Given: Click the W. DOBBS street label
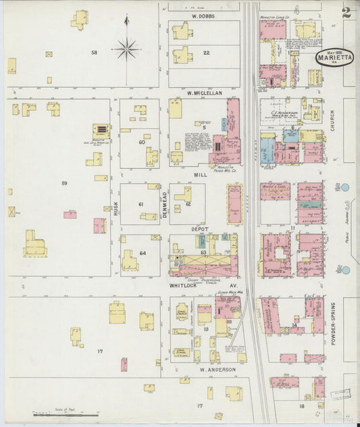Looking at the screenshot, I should (202, 16).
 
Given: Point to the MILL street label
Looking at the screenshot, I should (201, 174).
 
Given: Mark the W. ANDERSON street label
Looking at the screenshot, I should (217, 370).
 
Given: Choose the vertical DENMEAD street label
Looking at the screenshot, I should (164, 203).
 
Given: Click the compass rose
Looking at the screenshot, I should (126, 48).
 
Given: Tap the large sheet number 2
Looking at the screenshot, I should (346, 13).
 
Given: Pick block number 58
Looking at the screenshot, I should (95, 52).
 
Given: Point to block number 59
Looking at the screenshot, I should (64, 184).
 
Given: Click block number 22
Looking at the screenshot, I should (206, 52).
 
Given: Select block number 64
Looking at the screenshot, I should (143, 253).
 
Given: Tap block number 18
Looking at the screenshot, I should (302, 406).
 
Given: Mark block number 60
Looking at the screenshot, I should (142, 142).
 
